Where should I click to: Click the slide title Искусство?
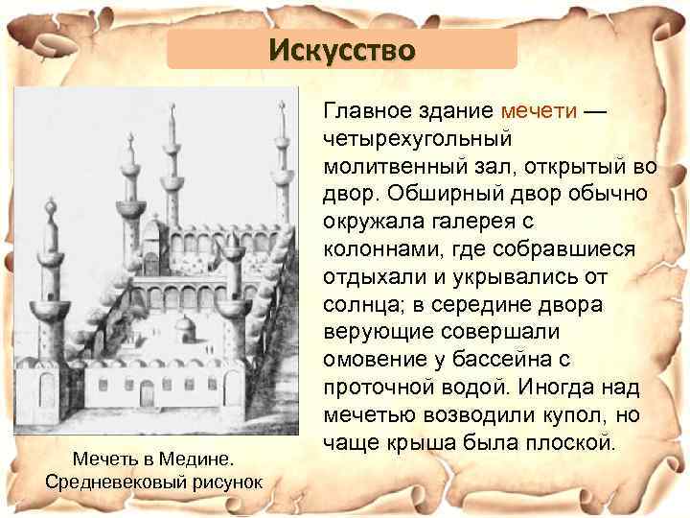[x=342, y=48]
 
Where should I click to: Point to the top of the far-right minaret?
[x=283, y=108]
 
